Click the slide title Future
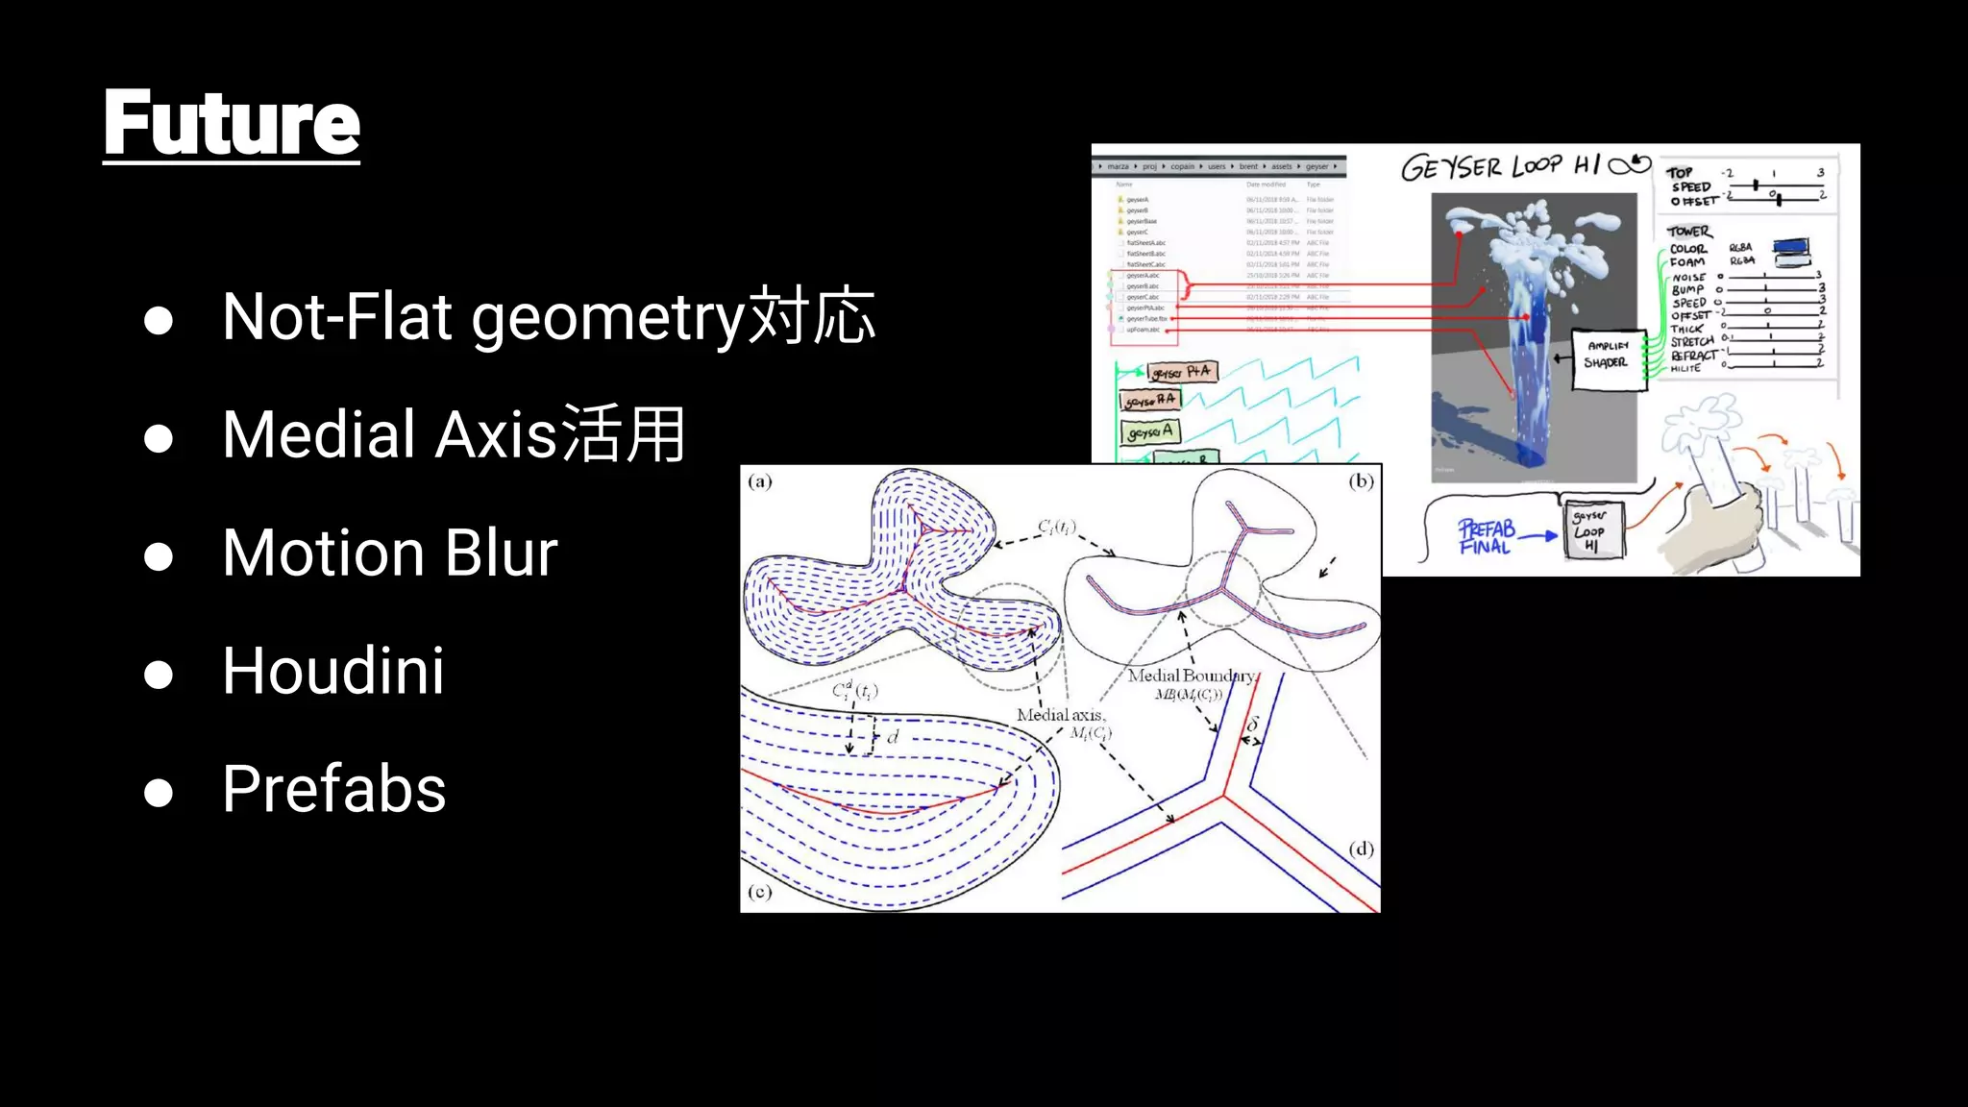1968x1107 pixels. click(x=231, y=122)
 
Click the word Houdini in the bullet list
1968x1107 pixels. click(x=333, y=670)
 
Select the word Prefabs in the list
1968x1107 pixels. click(x=333, y=789)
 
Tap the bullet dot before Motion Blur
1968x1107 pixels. click(x=159, y=556)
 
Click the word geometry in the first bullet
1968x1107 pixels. click(x=607, y=318)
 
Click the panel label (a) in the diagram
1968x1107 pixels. click(x=759, y=481)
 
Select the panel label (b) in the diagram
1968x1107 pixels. click(x=1361, y=480)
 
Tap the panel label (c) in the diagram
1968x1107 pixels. click(x=759, y=892)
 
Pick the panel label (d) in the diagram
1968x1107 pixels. click(x=1361, y=849)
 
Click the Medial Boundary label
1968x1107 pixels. click(x=1192, y=676)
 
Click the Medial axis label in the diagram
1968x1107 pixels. click(x=1061, y=715)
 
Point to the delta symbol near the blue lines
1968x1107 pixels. click(x=1252, y=725)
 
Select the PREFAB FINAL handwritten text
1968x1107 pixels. click(x=1486, y=537)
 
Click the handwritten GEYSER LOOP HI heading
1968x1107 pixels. click(x=1523, y=166)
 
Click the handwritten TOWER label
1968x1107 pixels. click(x=1688, y=232)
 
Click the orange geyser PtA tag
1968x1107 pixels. click(x=1182, y=372)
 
